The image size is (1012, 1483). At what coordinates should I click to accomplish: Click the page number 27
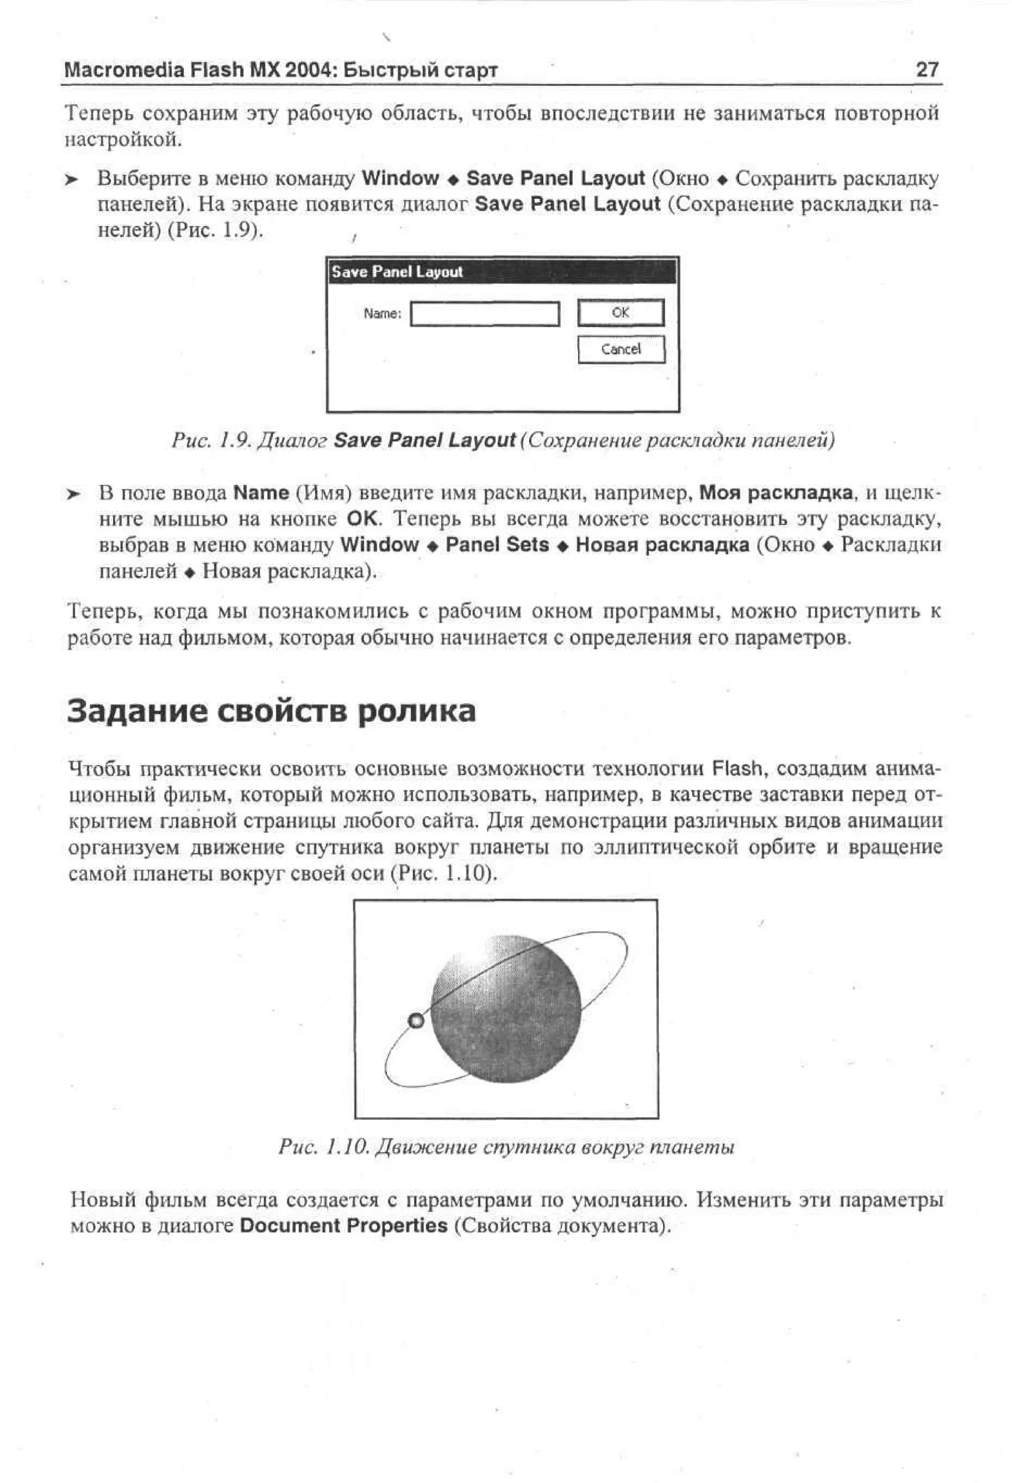(x=927, y=69)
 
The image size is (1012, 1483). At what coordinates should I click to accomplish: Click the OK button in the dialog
(x=620, y=313)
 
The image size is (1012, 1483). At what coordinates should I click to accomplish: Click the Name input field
(x=484, y=314)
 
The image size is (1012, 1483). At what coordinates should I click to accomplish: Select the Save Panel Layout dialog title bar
(x=502, y=272)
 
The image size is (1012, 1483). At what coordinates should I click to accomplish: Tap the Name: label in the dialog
(x=382, y=313)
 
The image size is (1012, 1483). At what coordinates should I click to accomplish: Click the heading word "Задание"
(x=136, y=711)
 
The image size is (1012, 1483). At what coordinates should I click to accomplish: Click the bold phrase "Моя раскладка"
(x=775, y=493)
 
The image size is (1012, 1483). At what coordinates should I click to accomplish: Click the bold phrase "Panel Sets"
(x=497, y=545)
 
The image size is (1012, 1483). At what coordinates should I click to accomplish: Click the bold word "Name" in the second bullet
(x=261, y=493)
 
